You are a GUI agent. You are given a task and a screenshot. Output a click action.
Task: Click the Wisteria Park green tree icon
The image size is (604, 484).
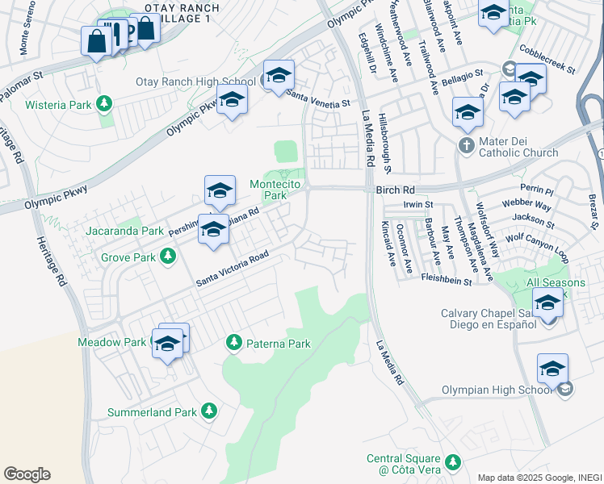103,103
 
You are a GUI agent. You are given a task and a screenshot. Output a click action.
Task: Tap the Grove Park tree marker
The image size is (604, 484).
168,257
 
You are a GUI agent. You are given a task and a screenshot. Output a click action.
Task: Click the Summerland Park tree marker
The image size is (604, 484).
209,411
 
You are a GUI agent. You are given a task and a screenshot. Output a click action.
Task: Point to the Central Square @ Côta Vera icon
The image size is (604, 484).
453,463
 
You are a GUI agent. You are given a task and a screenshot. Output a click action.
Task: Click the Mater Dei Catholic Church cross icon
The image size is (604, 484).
466,145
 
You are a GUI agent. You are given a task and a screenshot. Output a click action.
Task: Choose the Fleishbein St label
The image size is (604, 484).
446,279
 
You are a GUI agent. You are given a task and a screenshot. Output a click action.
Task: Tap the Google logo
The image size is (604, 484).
27,474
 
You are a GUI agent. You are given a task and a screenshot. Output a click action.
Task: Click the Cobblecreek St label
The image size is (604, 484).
547,58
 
